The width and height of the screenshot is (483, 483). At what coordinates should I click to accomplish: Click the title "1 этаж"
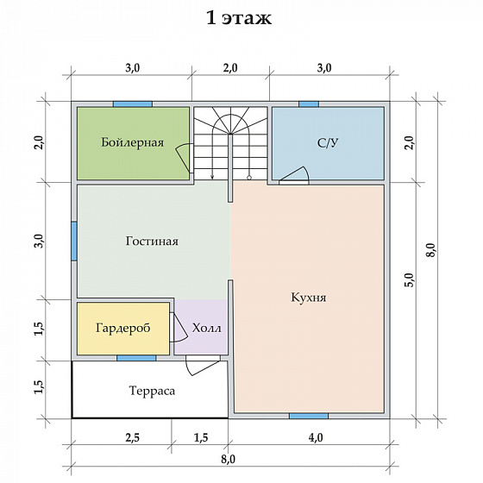(239, 18)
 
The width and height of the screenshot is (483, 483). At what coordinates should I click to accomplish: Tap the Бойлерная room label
(133, 142)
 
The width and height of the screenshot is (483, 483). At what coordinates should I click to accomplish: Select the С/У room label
(328, 142)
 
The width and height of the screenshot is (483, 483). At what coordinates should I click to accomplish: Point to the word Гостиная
(152, 241)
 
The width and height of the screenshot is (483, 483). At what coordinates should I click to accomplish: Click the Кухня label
(309, 298)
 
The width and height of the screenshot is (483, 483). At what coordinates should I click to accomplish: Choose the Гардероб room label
(122, 328)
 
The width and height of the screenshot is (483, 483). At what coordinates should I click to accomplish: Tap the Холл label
(207, 328)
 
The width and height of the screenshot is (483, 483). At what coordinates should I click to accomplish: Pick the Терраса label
(152, 391)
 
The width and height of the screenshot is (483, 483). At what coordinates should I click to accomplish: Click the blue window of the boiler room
(133, 104)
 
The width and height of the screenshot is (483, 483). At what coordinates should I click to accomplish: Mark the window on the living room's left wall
(74, 241)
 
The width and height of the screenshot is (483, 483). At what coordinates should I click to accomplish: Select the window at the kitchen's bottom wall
(309, 416)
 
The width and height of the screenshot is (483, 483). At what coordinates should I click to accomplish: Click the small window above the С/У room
(309, 104)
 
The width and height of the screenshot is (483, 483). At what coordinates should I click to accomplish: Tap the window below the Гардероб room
(136, 358)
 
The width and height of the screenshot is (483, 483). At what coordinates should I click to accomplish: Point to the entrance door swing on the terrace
(201, 366)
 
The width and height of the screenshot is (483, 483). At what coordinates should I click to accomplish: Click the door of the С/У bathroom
(294, 177)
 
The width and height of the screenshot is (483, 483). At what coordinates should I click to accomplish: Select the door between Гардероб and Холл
(179, 328)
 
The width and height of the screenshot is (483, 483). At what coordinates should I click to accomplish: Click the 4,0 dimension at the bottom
(316, 437)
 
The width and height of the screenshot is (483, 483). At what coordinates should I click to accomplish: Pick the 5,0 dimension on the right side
(411, 279)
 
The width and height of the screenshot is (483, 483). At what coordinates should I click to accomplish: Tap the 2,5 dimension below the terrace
(133, 437)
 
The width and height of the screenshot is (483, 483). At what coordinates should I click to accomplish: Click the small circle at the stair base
(249, 178)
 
